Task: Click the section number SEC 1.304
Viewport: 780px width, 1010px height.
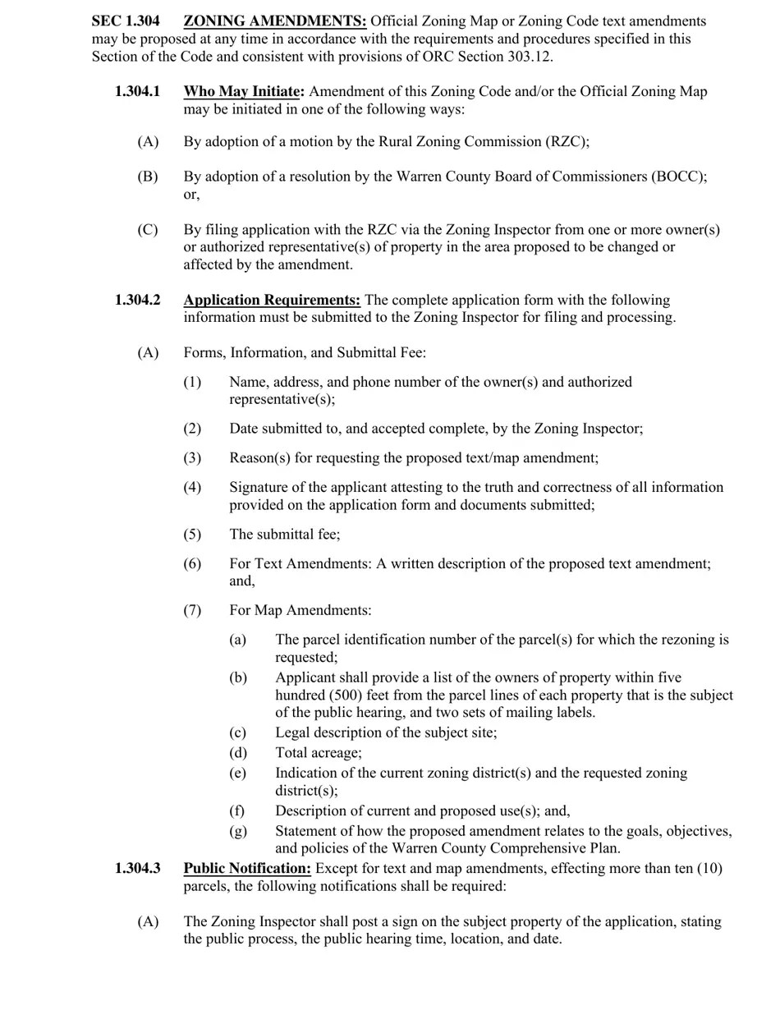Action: coord(125,21)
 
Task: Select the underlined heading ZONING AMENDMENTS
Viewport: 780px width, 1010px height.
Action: coord(274,21)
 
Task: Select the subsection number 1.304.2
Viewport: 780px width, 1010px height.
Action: coord(137,301)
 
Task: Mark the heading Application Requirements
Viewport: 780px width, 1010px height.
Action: coord(271,301)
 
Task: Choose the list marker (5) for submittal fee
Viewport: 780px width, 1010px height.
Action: coord(192,535)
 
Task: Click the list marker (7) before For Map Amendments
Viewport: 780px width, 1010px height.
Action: coord(192,611)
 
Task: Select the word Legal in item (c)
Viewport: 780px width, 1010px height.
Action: coord(293,732)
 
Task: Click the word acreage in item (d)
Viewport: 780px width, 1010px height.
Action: coord(335,753)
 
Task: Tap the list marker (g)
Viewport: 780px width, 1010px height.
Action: coord(237,832)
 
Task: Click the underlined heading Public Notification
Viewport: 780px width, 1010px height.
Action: coord(246,869)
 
